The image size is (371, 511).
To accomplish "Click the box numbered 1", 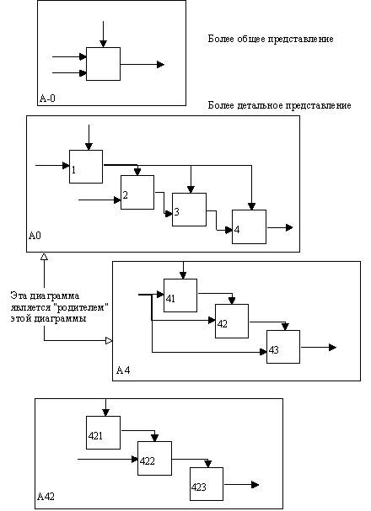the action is tap(86, 167).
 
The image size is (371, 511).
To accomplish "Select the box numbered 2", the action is tap(137, 192).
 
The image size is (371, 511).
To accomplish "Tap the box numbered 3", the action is tap(189, 210).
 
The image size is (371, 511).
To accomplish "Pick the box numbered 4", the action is tap(249, 226).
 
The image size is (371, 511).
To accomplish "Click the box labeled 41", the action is tap(180, 295).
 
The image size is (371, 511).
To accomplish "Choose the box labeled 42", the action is tap(232, 321).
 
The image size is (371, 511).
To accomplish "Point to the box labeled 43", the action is tap(283, 347).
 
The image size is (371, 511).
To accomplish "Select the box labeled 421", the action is tap(103, 433).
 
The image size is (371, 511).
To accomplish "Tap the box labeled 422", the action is tap(154, 458).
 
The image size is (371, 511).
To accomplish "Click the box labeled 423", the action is tap(207, 484).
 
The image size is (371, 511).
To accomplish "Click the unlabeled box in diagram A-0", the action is tap(103, 64).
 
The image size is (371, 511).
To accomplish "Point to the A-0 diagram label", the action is tap(47, 98).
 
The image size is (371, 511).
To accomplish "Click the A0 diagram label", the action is tap(35, 235).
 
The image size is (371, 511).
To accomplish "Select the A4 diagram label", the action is tap(123, 370).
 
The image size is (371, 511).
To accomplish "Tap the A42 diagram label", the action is tap(46, 497).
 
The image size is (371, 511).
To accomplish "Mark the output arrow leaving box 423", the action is tap(241, 485).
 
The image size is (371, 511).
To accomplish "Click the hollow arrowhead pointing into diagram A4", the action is tap(109, 341).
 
